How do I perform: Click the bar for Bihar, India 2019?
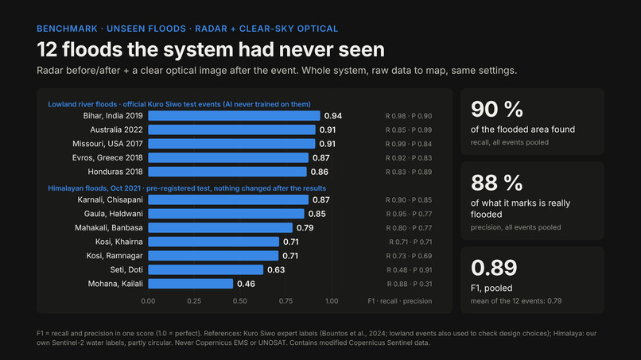pyautogui.click(x=234, y=116)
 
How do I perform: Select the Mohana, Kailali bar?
pyautogui.click(x=191, y=284)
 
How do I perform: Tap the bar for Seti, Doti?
pyautogui.click(x=206, y=269)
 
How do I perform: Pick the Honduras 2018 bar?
pyautogui.click(x=227, y=172)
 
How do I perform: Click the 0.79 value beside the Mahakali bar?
pyautogui.click(x=305, y=227)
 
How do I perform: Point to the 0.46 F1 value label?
pyautogui.click(x=246, y=284)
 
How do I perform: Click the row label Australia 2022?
pyautogui.click(x=116, y=130)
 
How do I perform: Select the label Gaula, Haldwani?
pyautogui.click(x=113, y=214)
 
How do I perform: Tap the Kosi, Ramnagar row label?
pyautogui.click(x=115, y=256)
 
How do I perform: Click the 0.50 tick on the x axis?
pyautogui.click(x=240, y=301)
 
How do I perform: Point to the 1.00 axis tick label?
pyautogui.click(x=332, y=301)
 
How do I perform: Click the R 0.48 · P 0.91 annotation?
pyautogui.click(x=410, y=269)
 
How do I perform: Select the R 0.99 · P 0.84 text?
pyautogui.click(x=409, y=144)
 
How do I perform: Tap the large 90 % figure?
pyautogui.click(x=497, y=109)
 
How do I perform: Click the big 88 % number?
pyautogui.click(x=497, y=183)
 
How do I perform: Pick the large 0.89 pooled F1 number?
pyautogui.click(x=494, y=268)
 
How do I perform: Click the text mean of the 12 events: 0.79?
pyautogui.click(x=516, y=301)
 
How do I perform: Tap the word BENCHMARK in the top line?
pyautogui.click(x=67, y=29)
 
